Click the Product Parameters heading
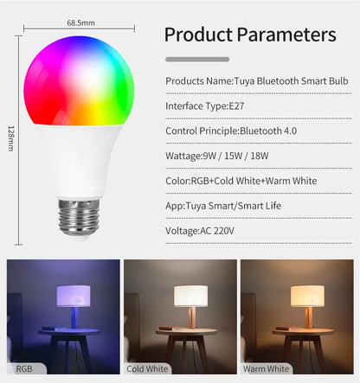(x=249, y=35)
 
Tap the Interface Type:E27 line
(x=200, y=106)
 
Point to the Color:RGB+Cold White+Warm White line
(x=241, y=182)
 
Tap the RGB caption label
(x=24, y=369)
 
